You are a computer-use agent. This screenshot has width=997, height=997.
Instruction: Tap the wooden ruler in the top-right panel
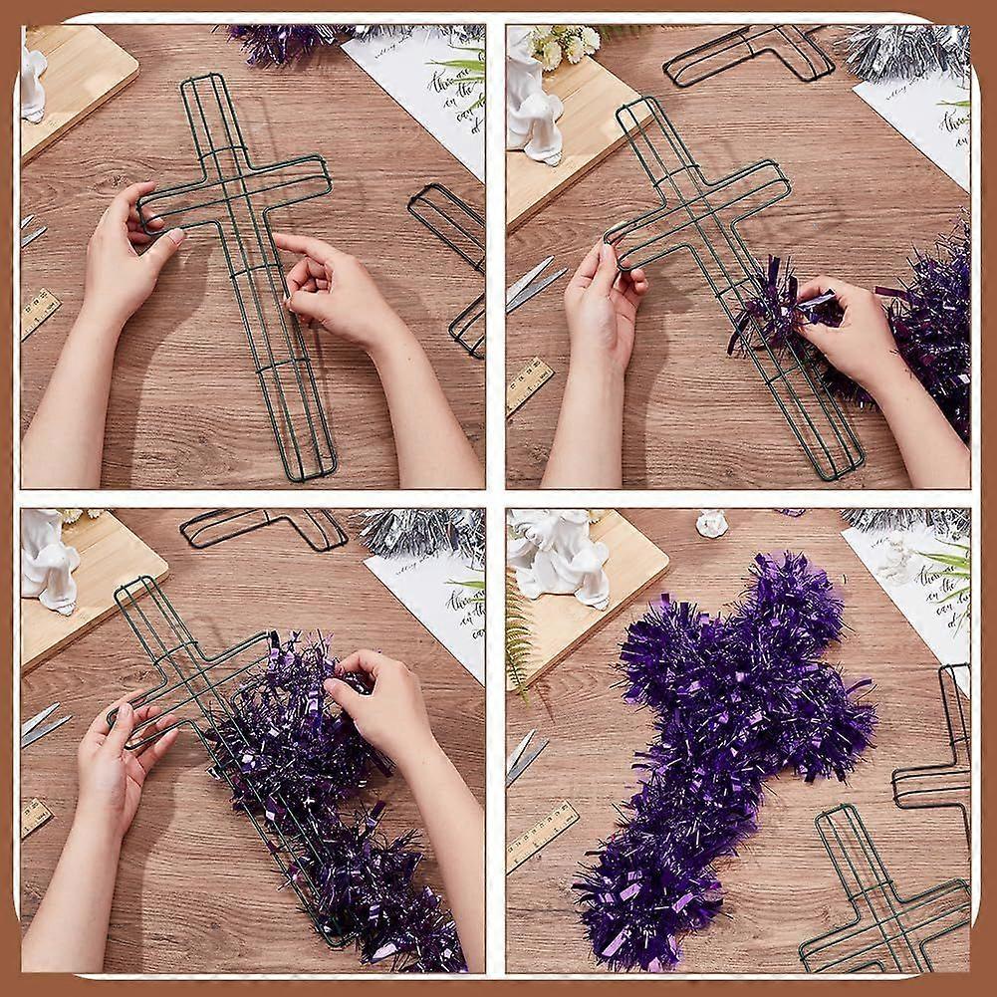[529, 384]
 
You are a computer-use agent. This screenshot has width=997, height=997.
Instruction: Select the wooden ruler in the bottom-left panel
[36, 817]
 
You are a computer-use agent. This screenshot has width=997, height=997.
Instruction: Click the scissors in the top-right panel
[532, 285]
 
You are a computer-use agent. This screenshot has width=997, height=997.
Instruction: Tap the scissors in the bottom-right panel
[524, 757]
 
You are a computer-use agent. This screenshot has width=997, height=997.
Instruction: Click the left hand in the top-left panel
[125, 259]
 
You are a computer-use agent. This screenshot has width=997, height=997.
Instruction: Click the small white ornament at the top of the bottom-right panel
[711, 523]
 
